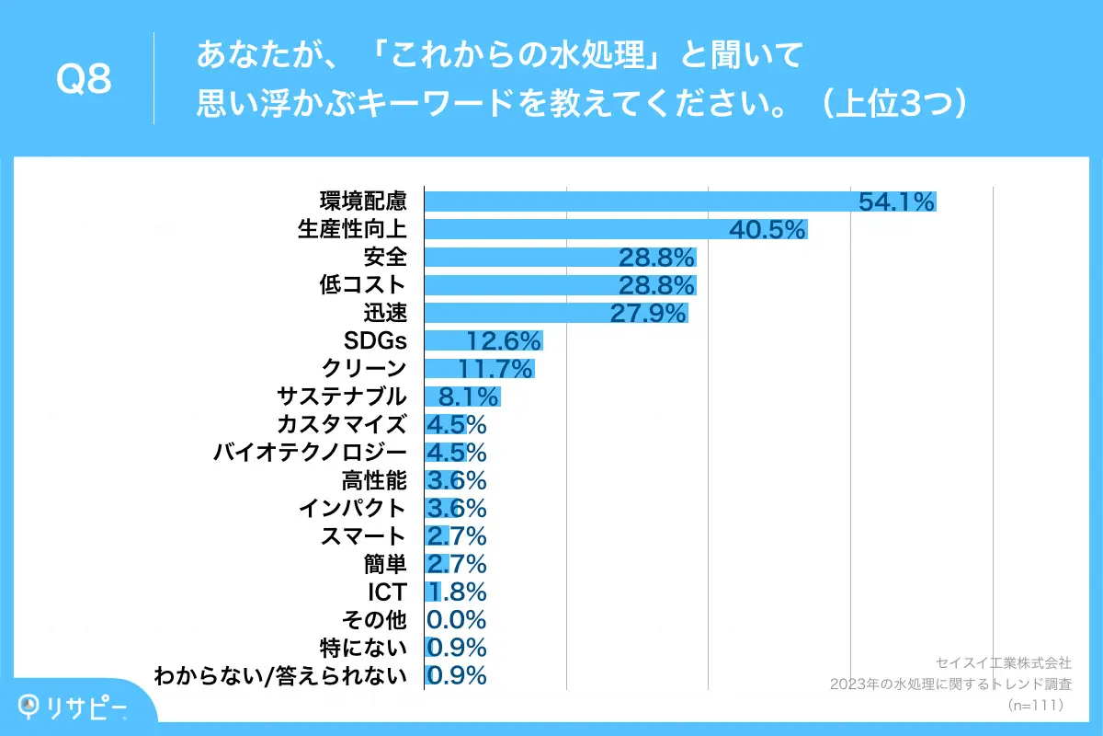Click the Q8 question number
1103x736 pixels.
pos(84,81)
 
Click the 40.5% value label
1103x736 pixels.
pos(768,229)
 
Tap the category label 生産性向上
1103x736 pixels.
pos(352,229)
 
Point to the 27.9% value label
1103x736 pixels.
pos(649,314)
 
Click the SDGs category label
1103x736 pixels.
pos(375,341)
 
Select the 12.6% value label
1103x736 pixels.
pos(502,341)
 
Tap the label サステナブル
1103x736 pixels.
pos(341,397)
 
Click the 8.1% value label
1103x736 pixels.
pos(468,397)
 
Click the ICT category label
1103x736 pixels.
pos(387,592)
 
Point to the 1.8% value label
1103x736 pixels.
pos(456,592)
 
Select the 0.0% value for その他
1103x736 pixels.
pos(456,619)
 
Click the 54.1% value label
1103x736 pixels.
pos(896,201)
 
